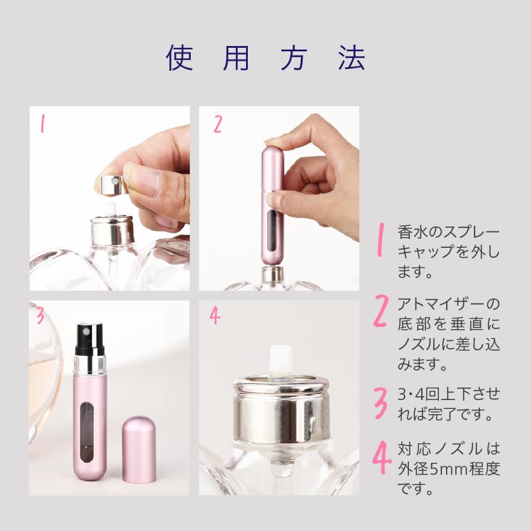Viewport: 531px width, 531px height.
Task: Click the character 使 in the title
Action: [x=180, y=58]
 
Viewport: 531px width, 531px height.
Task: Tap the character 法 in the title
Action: [x=352, y=58]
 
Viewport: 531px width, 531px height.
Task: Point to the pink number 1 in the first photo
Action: [x=42, y=123]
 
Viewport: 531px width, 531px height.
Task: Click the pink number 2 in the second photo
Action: [x=218, y=124]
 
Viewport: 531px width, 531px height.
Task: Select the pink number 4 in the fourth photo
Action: [x=215, y=316]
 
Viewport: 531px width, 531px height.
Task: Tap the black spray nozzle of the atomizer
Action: [x=89, y=339]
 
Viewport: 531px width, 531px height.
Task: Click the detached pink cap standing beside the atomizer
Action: [x=139, y=450]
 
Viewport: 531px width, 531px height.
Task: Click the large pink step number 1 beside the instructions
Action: [x=381, y=239]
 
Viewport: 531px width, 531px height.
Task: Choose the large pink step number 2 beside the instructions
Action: [x=381, y=310]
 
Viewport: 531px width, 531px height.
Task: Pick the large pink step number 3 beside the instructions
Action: [x=381, y=403]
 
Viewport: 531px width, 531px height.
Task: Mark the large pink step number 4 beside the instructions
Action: [x=382, y=457]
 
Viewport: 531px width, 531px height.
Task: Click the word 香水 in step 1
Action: [x=414, y=232]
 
